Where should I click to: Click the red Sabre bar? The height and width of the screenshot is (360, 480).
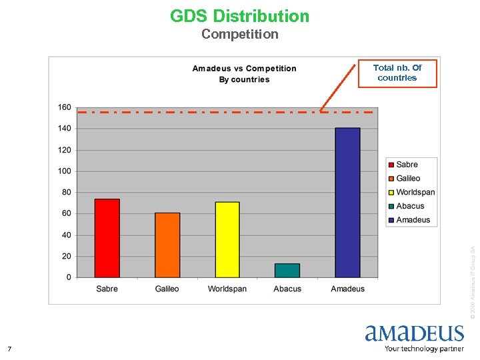coord(107,238)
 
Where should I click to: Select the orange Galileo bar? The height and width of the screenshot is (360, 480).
coord(167,245)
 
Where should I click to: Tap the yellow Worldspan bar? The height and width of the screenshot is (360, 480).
coord(227,239)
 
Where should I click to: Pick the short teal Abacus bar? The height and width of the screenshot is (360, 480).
coord(287,270)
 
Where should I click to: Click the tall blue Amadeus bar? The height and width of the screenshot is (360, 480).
coord(347,202)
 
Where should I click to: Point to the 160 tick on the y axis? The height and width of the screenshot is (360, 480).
coord(65,107)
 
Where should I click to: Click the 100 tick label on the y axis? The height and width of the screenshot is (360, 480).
coord(65,171)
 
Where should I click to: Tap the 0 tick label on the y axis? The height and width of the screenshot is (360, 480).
coord(68,277)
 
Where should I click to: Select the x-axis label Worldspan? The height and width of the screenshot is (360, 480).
coord(227,289)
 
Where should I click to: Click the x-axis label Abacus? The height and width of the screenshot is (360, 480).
coord(287,289)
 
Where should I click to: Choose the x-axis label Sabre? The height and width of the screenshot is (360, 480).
coord(107,289)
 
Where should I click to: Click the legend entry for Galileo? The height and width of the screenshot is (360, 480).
coord(408,179)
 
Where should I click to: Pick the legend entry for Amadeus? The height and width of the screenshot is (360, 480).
coord(413,220)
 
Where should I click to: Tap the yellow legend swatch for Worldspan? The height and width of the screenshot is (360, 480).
coord(391,193)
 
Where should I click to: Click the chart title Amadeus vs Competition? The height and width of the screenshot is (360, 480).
coord(244,69)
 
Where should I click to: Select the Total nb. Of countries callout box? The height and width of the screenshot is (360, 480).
coord(397,73)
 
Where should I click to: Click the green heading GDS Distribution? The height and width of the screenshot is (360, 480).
coord(239,16)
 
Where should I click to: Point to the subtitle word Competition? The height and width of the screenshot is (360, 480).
coord(239,34)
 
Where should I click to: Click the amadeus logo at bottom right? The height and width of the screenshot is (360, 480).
coord(413,337)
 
